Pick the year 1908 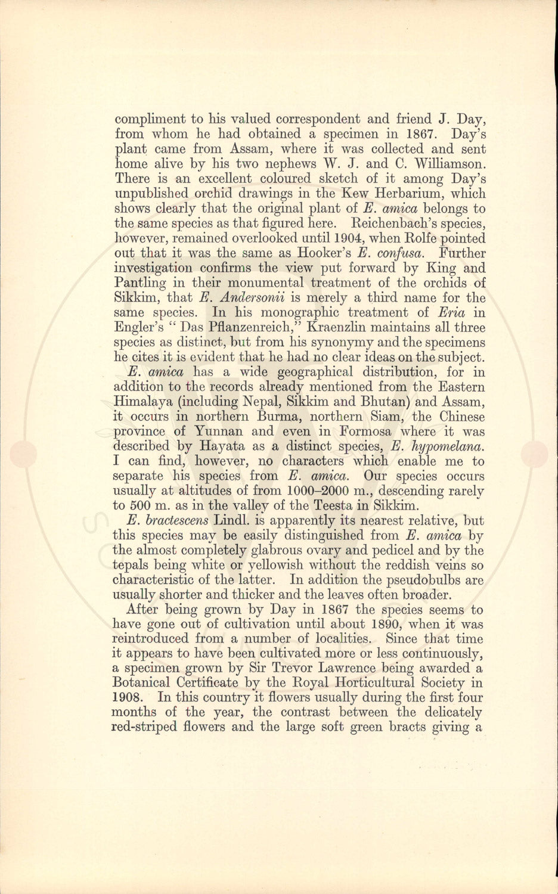(x=129, y=698)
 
